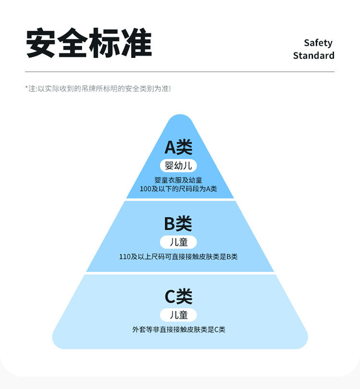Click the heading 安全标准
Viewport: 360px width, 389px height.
pyautogui.click(x=89, y=44)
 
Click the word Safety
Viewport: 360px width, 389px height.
pyautogui.click(x=318, y=43)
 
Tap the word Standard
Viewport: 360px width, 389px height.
pyautogui.click(x=313, y=56)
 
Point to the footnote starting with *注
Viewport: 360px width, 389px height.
pyautogui.click(x=98, y=89)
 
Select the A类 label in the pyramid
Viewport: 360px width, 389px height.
pyautogui.click(x=179, y=147)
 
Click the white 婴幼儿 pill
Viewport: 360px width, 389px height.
pyautogui.click(x=179, y=166)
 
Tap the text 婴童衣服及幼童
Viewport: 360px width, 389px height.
pyautogui.click(x=178, y=180)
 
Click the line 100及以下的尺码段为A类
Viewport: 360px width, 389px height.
pyautogui.click(x=179, y=189)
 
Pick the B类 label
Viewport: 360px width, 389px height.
pyautogui.click(x=178, y=224)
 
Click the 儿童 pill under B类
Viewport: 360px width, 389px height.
pyautogui.click(x=179, y=242)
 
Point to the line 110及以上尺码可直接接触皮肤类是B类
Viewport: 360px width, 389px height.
pyautogui.click(x=179, y=257)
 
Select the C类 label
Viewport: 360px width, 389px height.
pyautogui.click(x=179, y=297)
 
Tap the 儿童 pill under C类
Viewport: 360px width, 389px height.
pyautogui.click(x=179, y=315)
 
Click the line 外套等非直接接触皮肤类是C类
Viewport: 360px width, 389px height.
pyautogui.click(x=179, y=330)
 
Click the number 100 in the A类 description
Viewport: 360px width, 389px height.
pyautogui.click(x=145, y=189)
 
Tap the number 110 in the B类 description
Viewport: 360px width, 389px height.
pyautogui.click(x=124, y=257)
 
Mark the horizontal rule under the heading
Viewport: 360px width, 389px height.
pyautogui.click(x=180, y=72)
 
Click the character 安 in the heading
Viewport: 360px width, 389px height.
pyautogui.click(x=41, y=44)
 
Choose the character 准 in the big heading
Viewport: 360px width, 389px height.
pyautogui.click(x=136, y=44)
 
